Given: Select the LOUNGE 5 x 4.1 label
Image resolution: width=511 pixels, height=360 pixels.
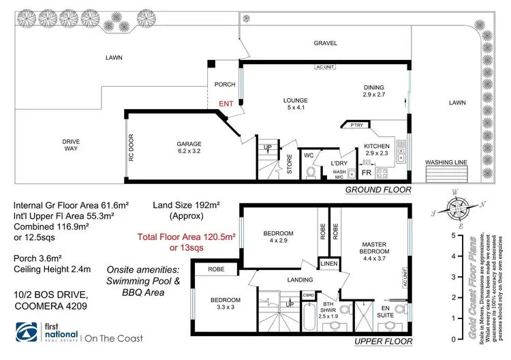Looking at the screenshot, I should point(296,104).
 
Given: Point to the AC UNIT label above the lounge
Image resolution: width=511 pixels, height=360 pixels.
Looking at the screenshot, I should point(325,68).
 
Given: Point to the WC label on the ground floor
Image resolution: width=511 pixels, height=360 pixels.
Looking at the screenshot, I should point(309,155).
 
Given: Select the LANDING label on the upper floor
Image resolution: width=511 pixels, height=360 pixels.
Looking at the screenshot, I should point(299,280).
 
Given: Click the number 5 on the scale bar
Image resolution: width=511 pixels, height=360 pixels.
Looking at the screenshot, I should point(453,235).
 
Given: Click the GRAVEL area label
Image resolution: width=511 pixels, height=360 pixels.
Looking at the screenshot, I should point(326,42).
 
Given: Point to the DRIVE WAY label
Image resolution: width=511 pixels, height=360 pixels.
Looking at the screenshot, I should point(71,146).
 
